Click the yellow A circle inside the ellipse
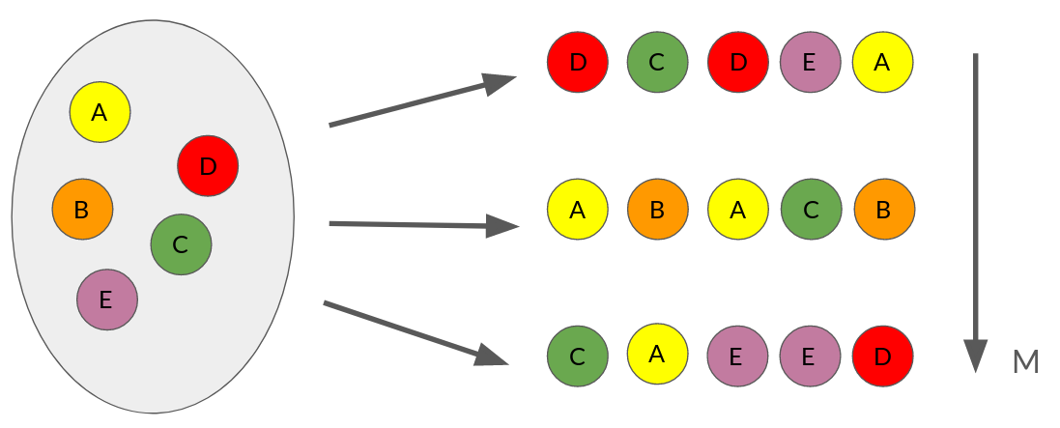(100, 112)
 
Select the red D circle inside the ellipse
(208, 166)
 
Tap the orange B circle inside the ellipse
(82, 209)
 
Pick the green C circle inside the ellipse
(181, 244)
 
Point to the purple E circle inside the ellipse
(107, 300)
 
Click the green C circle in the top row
(657, 63)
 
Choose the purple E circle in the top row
(810, 63)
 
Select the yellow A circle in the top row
(882, 63)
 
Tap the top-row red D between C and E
(738, 63)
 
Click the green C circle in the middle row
(810, 210)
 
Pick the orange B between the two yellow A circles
(657, 210)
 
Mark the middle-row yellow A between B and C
(738, 210)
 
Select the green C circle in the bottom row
(577, 356)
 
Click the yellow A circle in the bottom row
(657, 354)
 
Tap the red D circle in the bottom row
(882, 356)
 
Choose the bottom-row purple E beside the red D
(810, 356)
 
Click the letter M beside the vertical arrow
(1025, 363)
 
